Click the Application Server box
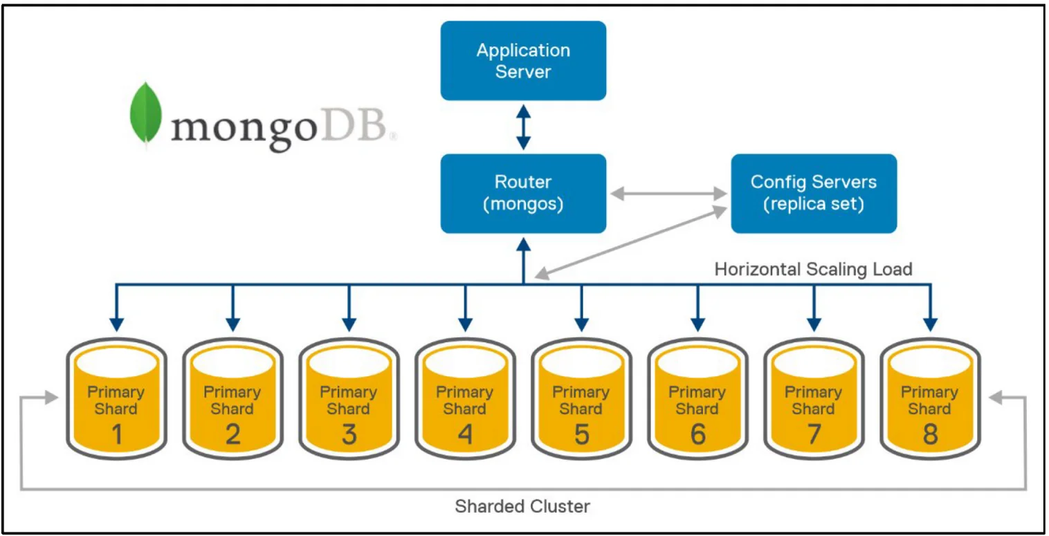tap(523, 61)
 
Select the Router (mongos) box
tap(523, 193)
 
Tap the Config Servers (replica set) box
tap(813, 193)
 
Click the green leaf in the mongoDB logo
tap(145, 115)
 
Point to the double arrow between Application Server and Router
tap(524, 127)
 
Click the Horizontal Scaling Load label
tap(813, 268)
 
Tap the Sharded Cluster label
tap(522, 507)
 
